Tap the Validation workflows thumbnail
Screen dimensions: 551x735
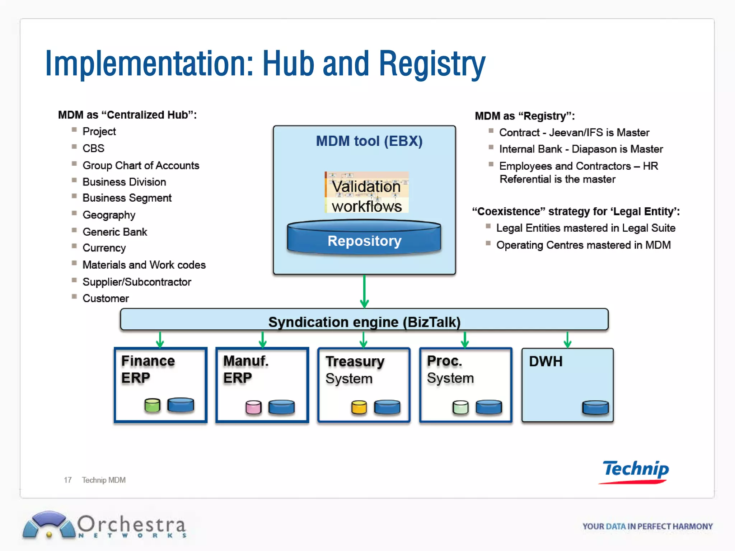coord(366,193)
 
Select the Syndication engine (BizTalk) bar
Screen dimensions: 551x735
coord(364,320)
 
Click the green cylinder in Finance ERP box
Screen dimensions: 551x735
coord(152,405)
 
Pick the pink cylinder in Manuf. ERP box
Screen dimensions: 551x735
coord(253,408)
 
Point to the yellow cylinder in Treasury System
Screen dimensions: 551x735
coord(359,408)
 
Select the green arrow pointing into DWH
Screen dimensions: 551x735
coord(567,340)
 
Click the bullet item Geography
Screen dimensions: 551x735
coord(109,215)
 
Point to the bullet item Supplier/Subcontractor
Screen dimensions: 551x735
coord(137,282)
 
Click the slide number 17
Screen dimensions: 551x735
coord(67,480)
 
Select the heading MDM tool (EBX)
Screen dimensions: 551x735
coord(369,141)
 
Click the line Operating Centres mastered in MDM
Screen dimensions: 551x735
coord(583,245)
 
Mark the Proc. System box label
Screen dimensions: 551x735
coord(450,369)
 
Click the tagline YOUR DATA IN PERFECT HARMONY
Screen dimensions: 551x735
coord(647,526)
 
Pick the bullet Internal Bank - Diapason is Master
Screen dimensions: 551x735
coord(581,149)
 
